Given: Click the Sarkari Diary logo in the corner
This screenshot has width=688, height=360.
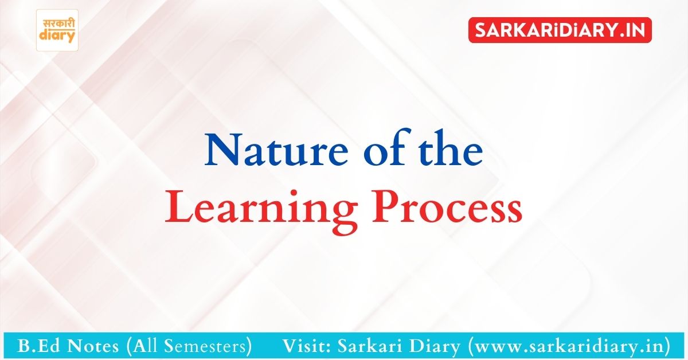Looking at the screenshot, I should (57, 30).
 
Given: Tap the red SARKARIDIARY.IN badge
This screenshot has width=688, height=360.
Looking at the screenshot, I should (560, 30).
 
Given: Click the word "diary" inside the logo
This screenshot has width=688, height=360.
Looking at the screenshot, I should (57, 36).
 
